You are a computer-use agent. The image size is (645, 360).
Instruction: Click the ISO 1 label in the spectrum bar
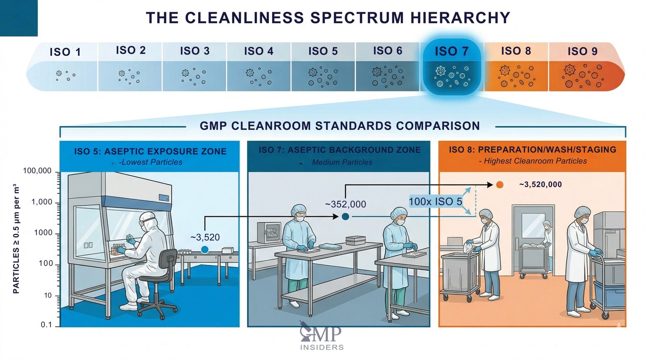tap(65, 52)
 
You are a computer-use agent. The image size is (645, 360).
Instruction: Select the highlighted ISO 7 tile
tap(451, 67)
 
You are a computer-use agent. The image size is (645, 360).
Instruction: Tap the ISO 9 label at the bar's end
tap(582, 51)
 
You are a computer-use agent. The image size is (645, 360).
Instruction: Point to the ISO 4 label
tap(258, 51)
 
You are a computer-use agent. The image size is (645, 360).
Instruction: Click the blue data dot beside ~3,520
tap(205, 250)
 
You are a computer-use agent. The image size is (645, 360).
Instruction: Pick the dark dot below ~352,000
tap(345, 216)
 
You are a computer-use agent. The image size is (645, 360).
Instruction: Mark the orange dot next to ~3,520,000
tap(499, 185)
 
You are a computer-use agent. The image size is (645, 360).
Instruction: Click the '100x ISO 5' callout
tap(435, 202)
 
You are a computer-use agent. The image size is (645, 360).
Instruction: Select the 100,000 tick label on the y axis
tap(37, 171)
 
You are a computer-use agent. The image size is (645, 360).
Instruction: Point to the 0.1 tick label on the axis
tap(46, 325)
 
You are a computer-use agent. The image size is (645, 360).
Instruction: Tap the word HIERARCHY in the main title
tap(460, 18)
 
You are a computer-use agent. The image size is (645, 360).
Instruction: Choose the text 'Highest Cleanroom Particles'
tap(535, 161)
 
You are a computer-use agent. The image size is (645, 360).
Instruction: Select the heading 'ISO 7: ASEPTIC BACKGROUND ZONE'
tap(339, 150)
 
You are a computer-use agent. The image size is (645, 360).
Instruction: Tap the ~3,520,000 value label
tap(540, 185)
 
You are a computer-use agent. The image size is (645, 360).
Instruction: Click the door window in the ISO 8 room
tap(533, 225)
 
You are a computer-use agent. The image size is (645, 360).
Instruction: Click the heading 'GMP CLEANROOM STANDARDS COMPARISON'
tap(339, 126)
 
